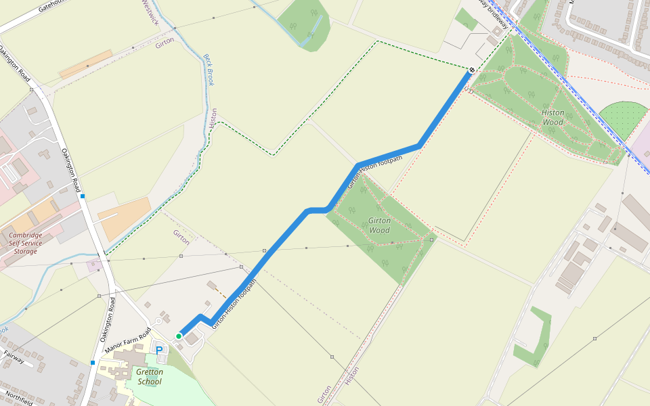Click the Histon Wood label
[x=552, y=117]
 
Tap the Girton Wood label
[x=379, y=225]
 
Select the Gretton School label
[x=149, y=376]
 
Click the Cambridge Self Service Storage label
[x=26, y=244]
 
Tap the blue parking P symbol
[x=160, y=350]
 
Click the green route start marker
[x=179, y=336]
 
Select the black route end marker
[x=471, y=70]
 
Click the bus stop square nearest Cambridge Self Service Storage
[x=82, y=196]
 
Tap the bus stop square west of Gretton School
[x=93, y=363]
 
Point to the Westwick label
[x=150, y=12]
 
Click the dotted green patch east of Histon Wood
[x=622, y=118]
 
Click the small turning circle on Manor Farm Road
[x=158, y=320]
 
